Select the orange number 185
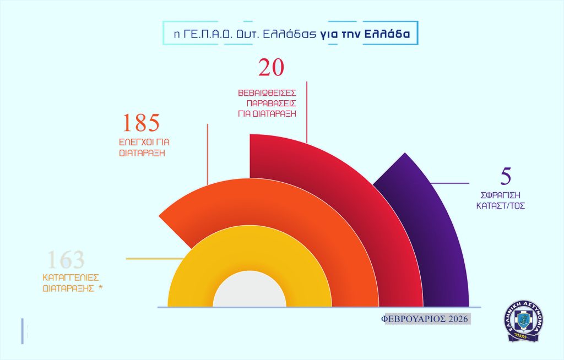[140, 123]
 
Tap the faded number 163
[66, 260]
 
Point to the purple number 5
[506, 177]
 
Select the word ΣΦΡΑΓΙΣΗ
[500, 195]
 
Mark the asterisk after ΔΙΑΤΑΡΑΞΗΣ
[101, 287]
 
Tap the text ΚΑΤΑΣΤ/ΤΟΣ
[500, 206]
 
